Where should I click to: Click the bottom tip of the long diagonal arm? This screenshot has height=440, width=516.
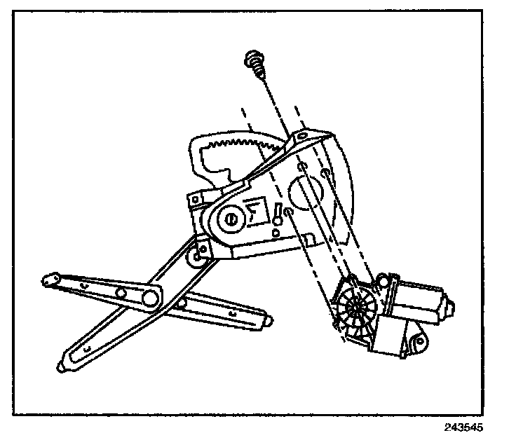point(64,366)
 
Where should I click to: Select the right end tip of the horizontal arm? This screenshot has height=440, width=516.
point(267,322)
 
